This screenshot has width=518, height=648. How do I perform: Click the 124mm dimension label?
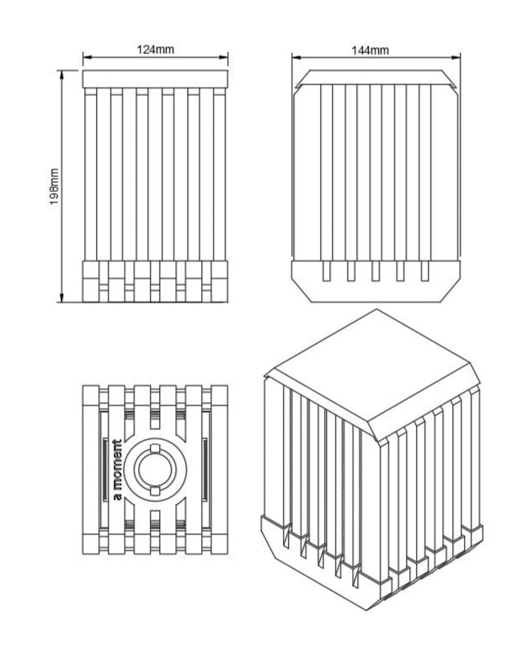[155, 50]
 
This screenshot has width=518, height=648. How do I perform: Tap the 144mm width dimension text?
[370, 51]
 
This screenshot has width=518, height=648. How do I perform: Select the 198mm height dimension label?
[54, 187]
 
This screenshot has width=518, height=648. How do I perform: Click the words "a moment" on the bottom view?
[117, 469]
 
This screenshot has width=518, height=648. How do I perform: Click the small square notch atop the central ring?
[155, 448]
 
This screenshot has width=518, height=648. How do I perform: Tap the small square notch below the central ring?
[155, 490]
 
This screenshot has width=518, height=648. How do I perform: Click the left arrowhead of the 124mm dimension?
[87, 58]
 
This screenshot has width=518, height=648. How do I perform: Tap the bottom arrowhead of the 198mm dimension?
[62, 297]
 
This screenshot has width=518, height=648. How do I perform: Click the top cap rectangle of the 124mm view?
[155, 79]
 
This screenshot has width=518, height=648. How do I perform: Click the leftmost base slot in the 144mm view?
[326, 271]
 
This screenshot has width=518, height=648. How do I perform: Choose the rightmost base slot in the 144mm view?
[425, 271]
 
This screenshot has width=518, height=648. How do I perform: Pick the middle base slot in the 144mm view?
[376, 271]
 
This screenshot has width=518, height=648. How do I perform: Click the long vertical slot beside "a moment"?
[104, 469]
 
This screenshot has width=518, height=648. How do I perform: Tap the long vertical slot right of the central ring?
[205, 469]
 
